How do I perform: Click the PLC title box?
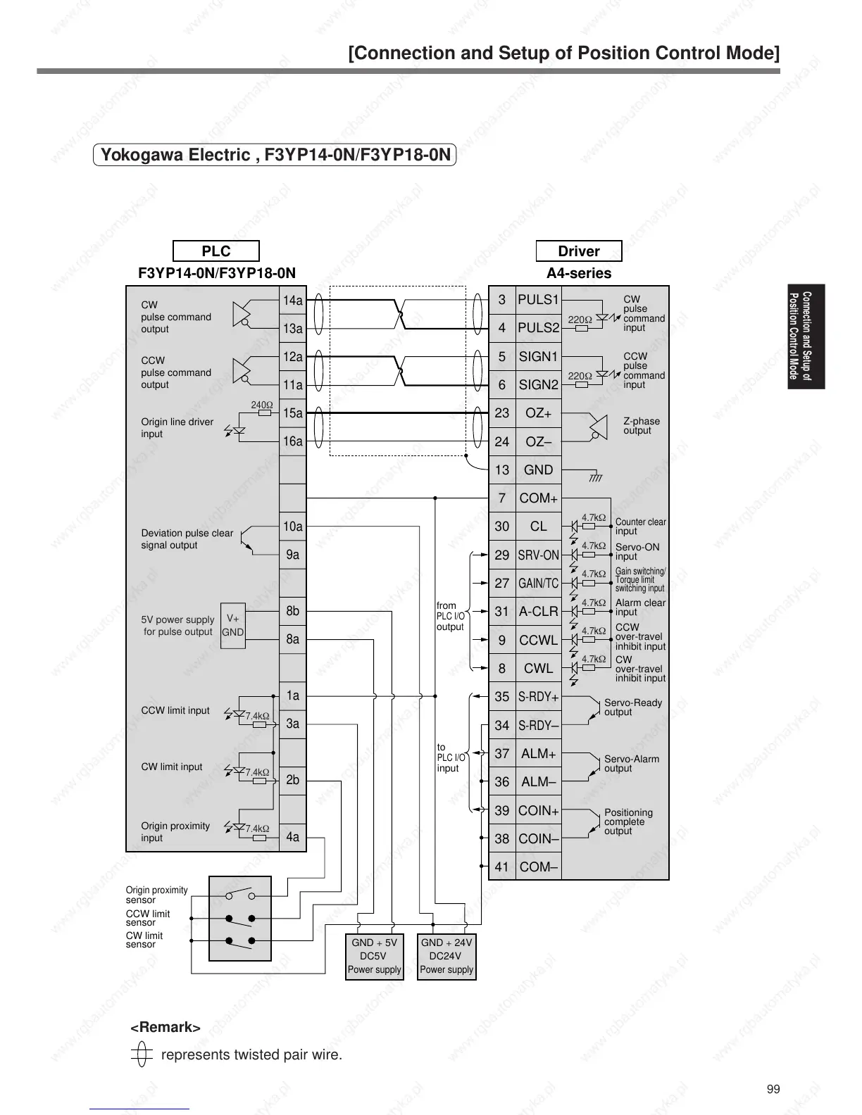216,251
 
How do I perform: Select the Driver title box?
578,251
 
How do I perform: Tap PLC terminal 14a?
292,301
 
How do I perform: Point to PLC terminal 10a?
292,527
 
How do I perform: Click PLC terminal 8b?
292,611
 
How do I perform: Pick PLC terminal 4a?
292,837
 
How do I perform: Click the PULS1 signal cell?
538,300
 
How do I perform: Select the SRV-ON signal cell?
538,555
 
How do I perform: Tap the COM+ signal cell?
538,498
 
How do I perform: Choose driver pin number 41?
501,867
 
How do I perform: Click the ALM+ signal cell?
538,754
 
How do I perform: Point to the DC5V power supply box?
374,956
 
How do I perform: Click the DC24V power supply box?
446,956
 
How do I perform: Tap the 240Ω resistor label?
262,405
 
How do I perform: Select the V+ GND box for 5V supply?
233,625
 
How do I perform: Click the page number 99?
773,1090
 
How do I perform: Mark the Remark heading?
165,1028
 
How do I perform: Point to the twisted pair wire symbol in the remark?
142,1054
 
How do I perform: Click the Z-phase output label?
641,426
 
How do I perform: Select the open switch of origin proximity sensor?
240,895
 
